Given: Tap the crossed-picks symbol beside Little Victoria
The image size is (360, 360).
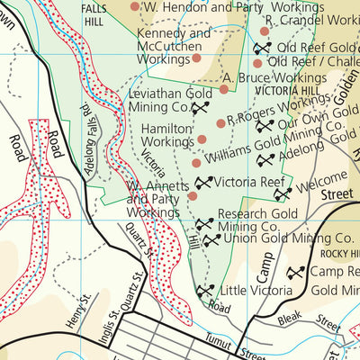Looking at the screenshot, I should coord(205,292).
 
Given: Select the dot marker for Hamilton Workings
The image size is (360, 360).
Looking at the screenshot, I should coord(202,139).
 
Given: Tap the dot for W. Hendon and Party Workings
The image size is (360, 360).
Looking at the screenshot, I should coord(135,7).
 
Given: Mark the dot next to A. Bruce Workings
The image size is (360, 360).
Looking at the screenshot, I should coord(224,89).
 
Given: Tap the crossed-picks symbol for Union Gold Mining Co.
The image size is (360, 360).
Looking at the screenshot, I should coord(210,240).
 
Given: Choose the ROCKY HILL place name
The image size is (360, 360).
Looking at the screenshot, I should coord(337,254).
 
